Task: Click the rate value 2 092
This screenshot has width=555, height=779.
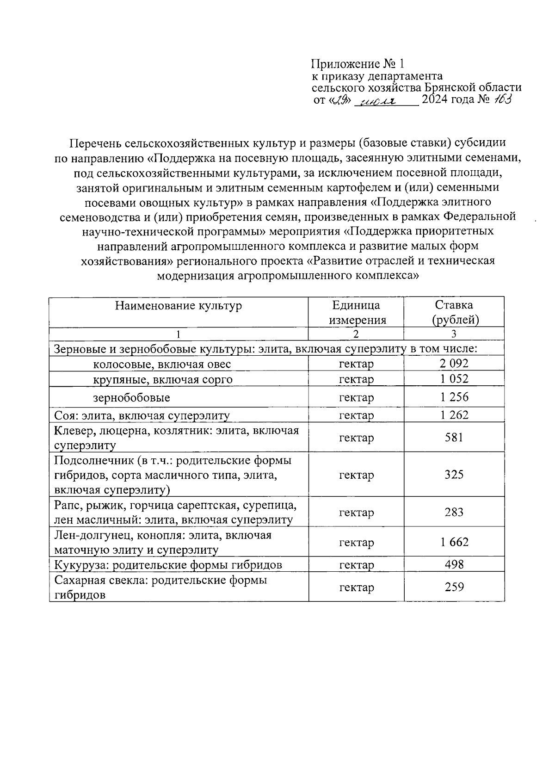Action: point(454,364)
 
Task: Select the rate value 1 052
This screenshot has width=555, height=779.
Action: point(454,379)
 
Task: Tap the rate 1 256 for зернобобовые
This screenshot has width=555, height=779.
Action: point(454,397)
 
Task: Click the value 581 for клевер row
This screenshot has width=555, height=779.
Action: point(454,437)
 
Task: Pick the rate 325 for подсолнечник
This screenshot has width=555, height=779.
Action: point(454,475)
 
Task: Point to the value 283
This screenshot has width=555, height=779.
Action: point(454,512)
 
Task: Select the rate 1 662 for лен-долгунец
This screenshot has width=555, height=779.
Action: point(454,542)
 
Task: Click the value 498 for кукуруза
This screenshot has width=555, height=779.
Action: point(454,564)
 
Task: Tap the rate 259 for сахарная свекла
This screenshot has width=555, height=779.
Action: point(454,587)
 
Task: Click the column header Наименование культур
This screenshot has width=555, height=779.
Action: point(179,306)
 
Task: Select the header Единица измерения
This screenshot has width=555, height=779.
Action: point(356,312)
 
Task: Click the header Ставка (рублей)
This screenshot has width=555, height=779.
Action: point(454,312)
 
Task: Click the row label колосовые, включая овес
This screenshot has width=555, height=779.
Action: point(162,364)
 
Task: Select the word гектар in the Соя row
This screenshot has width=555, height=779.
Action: point(356,415)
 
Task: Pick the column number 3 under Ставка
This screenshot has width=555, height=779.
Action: point(454,334)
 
